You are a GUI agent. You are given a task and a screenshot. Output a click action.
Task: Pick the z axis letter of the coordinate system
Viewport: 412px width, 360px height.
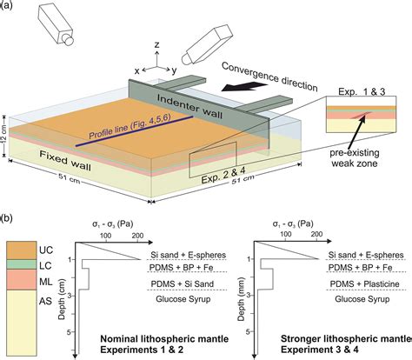point(155,43)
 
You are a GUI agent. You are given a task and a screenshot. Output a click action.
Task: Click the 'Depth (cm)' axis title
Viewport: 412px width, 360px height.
point(63,297)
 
